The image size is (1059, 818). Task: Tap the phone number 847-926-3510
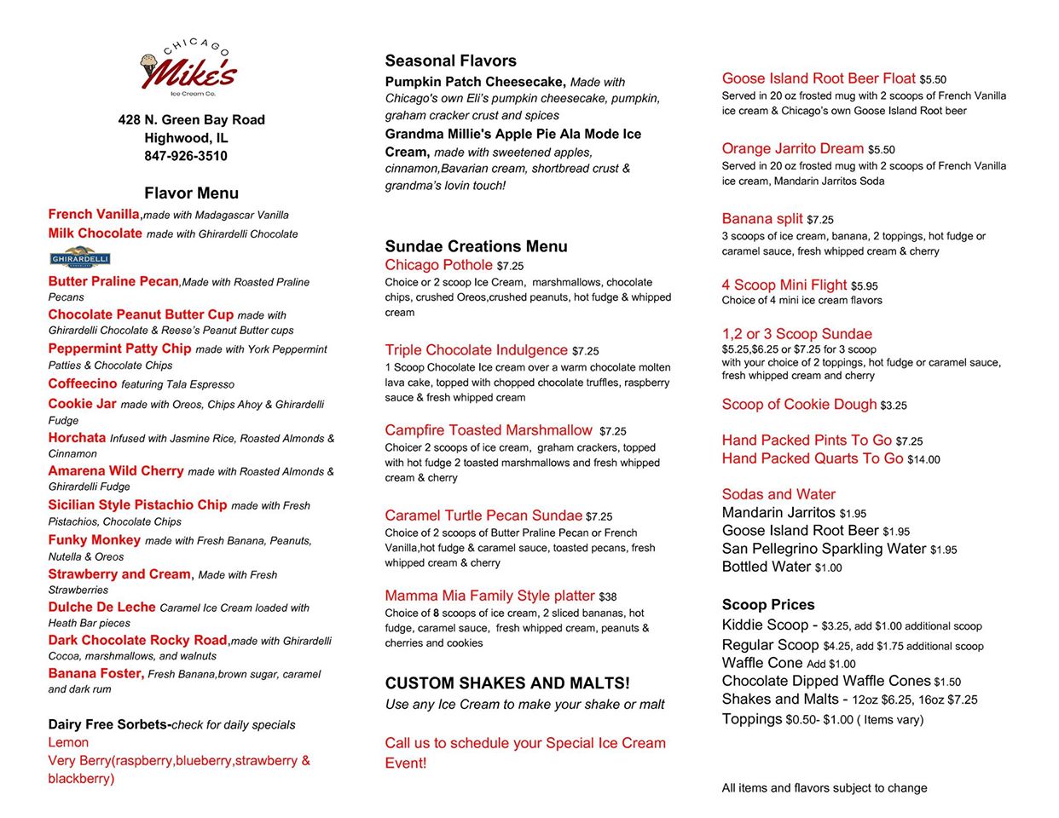click(x=186, y=156)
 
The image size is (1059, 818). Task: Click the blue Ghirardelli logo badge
click(x=80, y=257)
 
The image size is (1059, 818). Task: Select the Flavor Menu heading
click(x=191, y=193)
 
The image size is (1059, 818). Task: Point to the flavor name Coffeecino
click(x=83, y=384)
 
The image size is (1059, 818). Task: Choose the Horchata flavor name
click(x=77, y=438)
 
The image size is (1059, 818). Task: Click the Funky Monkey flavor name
click(x=95, y=540)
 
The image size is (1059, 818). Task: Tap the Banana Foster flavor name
click(x=95, y=673)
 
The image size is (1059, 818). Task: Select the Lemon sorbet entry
click(x=68, y=742)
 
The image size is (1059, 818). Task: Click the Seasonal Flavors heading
click(x=450, y=60)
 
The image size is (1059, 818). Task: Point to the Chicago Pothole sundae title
click(x=438, y=265)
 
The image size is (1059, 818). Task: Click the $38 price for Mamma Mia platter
click(x=607, y=597)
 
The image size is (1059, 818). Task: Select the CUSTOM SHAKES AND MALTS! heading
click(x=507, y=683)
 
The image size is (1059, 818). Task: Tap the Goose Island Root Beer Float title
click(x=819, y=78)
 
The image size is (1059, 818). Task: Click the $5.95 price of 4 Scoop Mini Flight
click(x=864, y=286)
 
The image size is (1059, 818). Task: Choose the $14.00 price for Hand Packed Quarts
click(x=923, y=459)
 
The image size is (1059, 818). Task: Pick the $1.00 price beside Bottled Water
click(x=828, y=567)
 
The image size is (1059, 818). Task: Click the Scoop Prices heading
click(x=768, y=605)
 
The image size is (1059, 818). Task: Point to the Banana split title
click(x=762, y=219)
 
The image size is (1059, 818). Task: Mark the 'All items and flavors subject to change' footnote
click(x=825, y=788)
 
